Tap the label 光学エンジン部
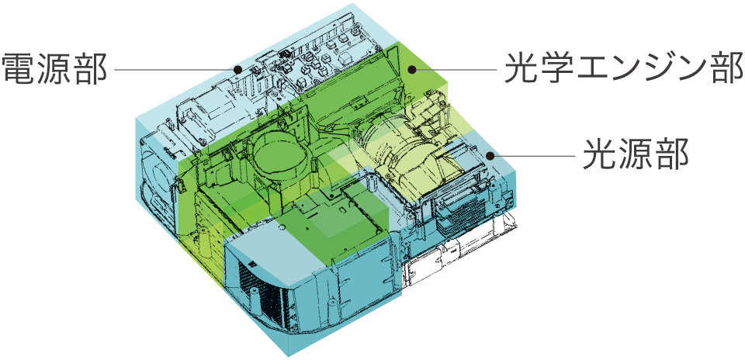click(624, 68)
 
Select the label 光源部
click(636, 154)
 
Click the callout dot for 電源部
click(238, 69)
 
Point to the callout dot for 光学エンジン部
click(412, 70)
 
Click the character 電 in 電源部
click(19, 69)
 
